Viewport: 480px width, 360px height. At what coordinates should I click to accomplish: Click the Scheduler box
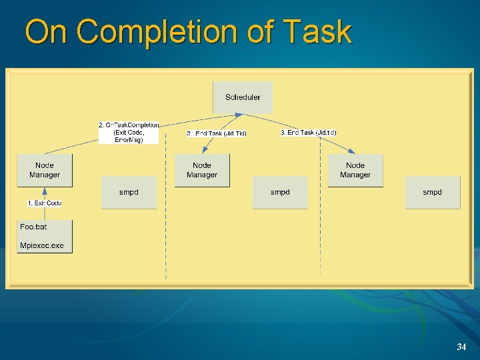(x=243, y=97)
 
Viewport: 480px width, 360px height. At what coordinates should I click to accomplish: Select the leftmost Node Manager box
(x=45, y=170)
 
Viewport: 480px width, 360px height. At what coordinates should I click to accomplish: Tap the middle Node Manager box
(x=202, y=170)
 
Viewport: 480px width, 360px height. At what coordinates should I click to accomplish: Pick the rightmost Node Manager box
(x=355, y=170)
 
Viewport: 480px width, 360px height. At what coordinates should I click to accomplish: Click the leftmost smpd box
(x=129, y=193)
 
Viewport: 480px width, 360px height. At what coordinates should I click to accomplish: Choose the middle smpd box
(x=280, y=193)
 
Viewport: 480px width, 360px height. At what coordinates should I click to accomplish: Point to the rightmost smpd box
(x=432, y=193)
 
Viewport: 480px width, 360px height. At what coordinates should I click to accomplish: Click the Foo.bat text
(x=33, y=227)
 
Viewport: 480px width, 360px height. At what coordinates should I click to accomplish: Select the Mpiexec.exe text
(x=41, y=246)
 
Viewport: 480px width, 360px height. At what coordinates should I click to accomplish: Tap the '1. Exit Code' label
(x=45, y=203)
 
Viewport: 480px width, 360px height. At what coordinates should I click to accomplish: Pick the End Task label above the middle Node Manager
(x=217, y=133)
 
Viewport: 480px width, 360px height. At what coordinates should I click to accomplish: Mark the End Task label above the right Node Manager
(x=308, y=133)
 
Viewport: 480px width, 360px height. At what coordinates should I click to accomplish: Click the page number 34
(x=461, y=347)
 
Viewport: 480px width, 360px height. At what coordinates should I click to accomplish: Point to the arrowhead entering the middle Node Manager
(x=204, y=151)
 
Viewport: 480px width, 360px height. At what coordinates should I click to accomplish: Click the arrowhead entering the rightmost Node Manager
(x=352, y=151)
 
